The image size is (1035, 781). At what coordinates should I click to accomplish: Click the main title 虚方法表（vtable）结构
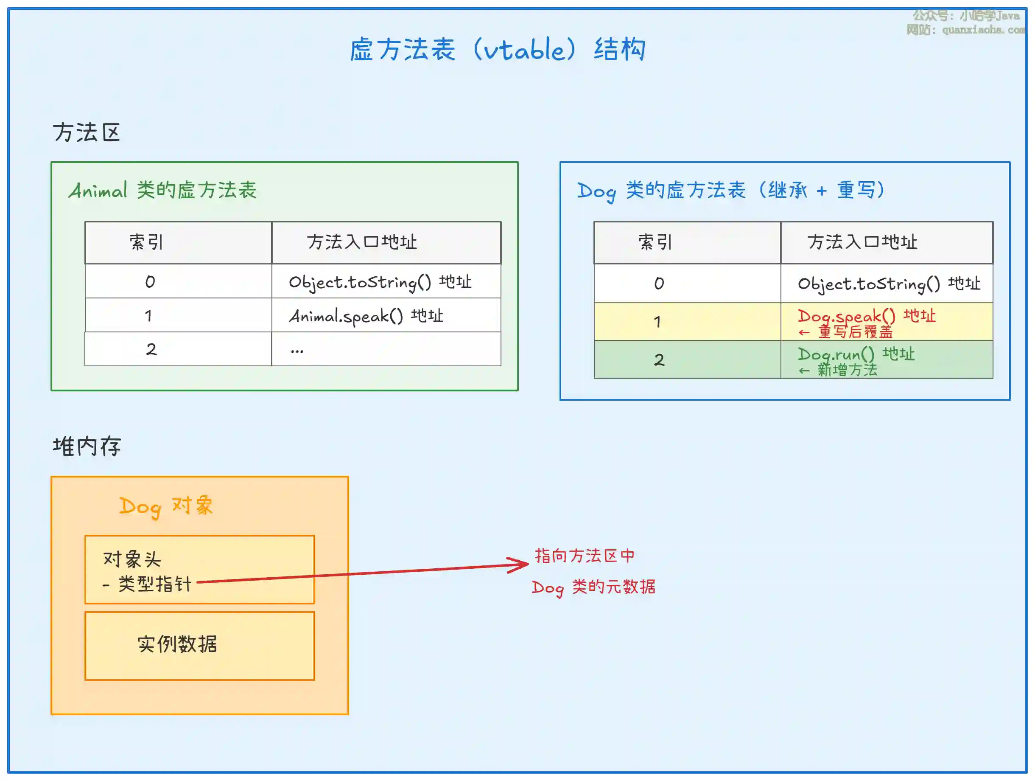[x=498, y=49]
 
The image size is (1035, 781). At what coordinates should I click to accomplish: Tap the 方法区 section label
[x=87, y=132]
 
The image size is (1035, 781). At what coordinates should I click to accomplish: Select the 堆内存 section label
[x=87, y=446]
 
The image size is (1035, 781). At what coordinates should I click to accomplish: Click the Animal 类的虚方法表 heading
[x=163, y=190]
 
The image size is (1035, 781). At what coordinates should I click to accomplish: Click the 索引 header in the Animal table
[x=146, y=242]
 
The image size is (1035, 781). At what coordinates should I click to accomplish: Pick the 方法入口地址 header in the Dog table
[x=862, y=242]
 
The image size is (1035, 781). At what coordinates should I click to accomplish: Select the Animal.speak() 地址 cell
[x=366, y=316]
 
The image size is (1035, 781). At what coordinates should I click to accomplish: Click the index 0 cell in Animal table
[x=150, y=282]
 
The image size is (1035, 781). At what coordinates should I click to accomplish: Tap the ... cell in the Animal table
[x=297, y=350]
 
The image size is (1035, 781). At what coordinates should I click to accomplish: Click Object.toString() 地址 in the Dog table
[x=888, y=284]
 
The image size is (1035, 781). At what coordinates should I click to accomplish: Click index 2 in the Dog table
[x=659, y=360]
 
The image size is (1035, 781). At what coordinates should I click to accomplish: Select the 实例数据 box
[x=200, y=645]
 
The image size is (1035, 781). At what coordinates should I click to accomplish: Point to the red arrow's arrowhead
[x=524, y=564]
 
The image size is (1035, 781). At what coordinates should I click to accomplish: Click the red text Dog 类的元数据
[x=593, y=587]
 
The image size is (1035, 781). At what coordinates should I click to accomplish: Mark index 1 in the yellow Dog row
[x=657, y=322]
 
